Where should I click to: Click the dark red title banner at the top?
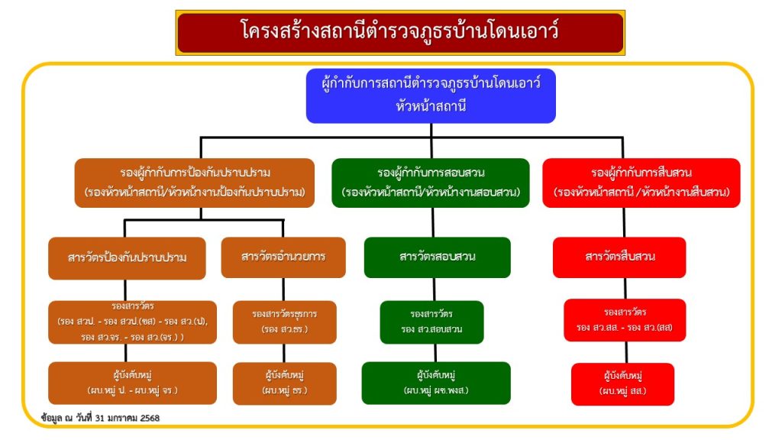(x=400, y=32)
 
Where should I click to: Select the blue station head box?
(x=431, y=95)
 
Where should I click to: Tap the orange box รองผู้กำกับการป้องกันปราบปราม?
(x=195, y=183)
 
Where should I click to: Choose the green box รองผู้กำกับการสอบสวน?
(x=431, y=183)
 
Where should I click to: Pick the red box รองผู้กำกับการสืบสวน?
(x=641, y=183)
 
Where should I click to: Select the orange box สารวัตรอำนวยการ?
(x=283, y=257)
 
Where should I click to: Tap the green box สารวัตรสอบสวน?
(x=437, y=257)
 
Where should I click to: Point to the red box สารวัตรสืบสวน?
(x=619, y=257)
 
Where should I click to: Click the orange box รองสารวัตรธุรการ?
(x=284, y=322)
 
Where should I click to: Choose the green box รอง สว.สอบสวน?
(x=431, y=322)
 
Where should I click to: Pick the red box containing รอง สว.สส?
(x=625, y=320)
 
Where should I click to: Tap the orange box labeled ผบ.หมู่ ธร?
(x=284, y=383)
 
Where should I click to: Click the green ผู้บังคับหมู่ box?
(x=436, y=383)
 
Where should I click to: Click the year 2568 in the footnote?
(x=148, y=418)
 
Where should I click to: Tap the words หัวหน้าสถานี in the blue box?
(x=431, y=106)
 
